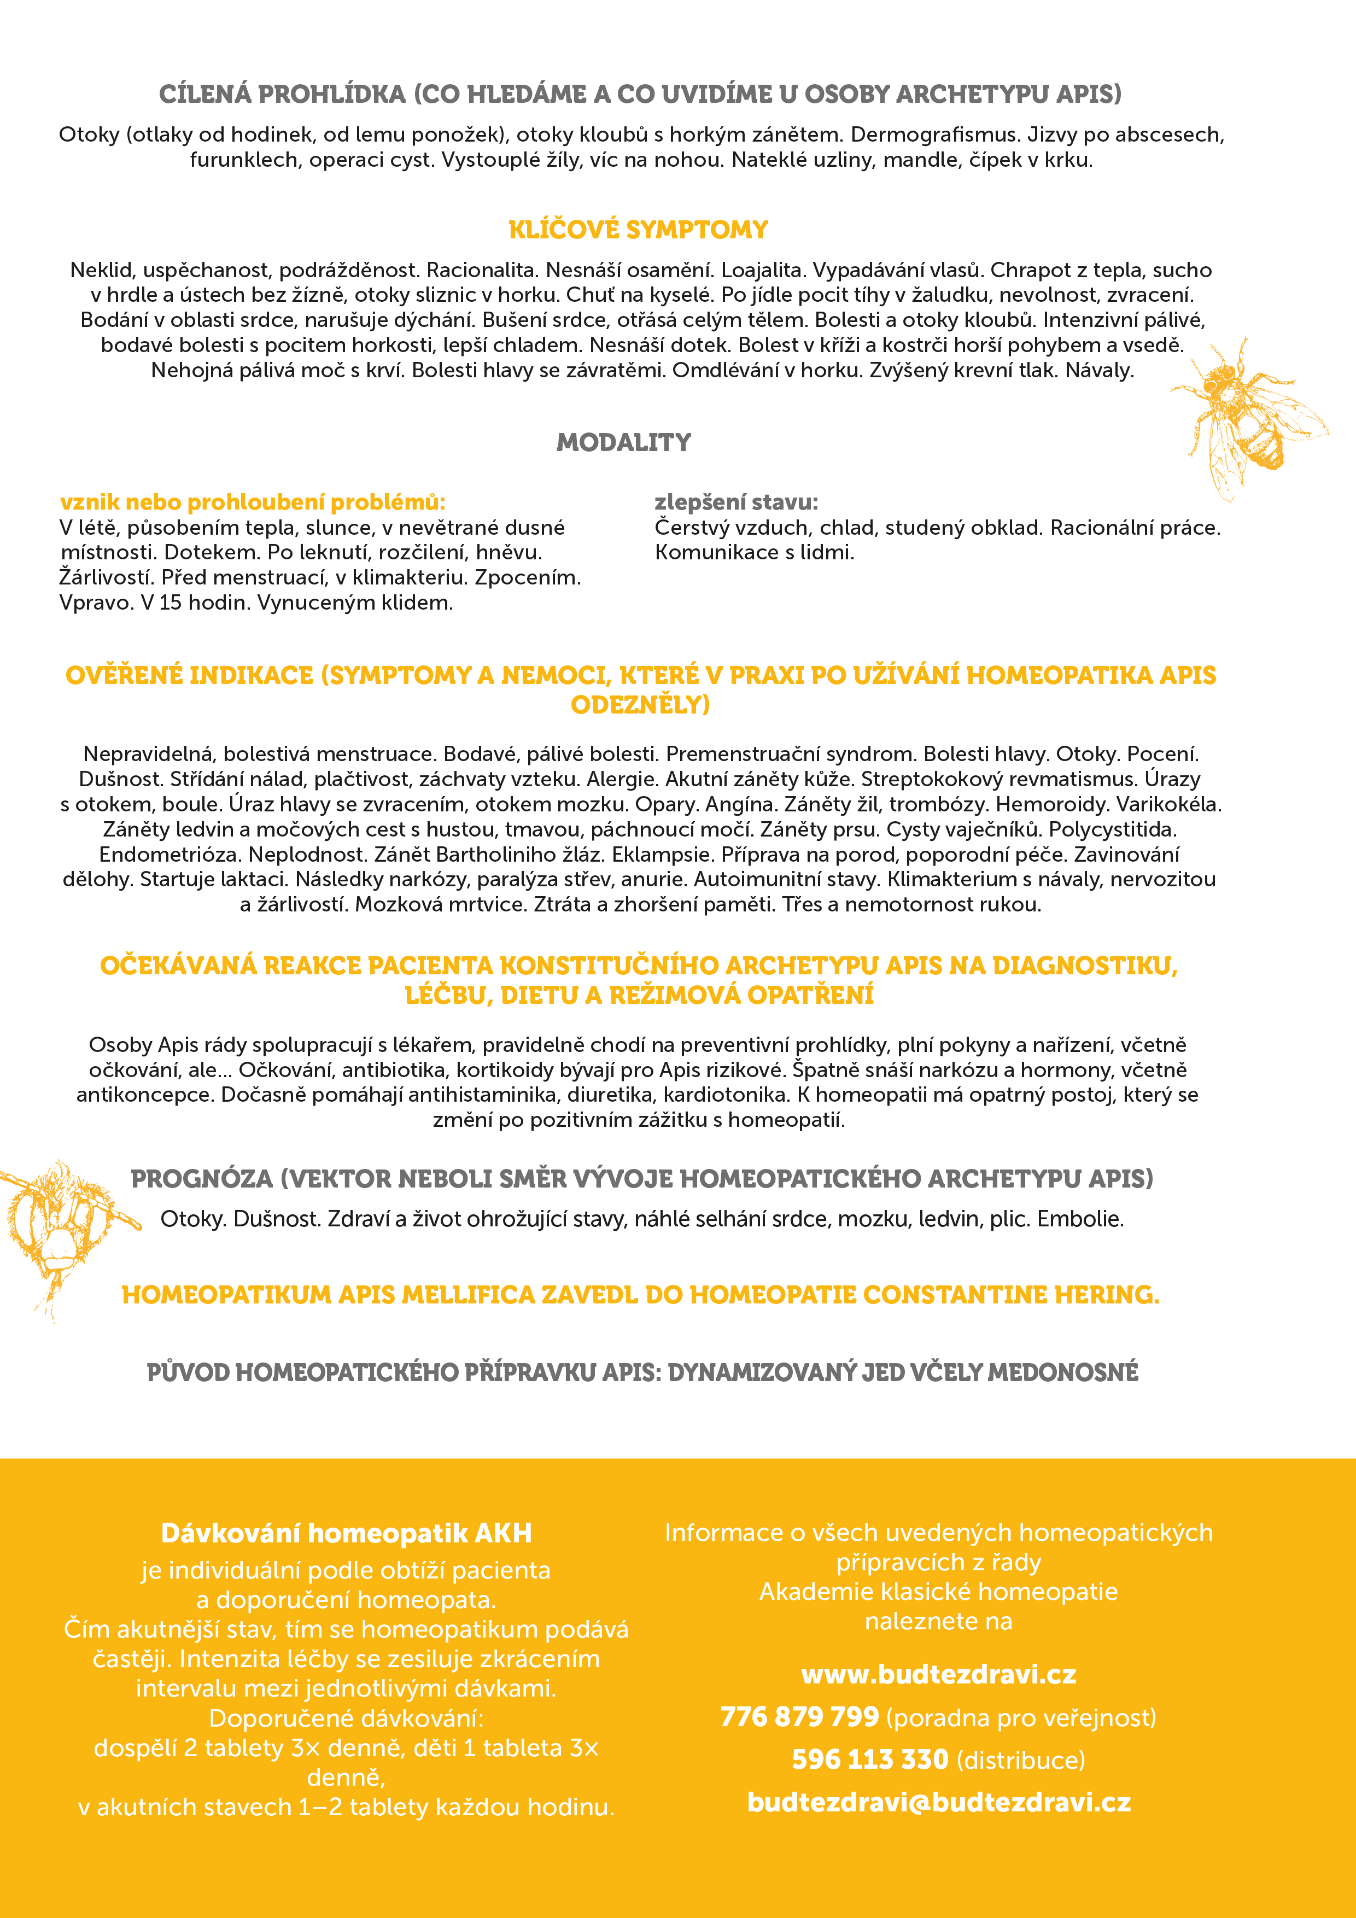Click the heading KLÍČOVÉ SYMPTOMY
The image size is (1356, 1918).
638,230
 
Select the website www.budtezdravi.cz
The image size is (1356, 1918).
938,1675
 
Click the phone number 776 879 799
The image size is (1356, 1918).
799,1717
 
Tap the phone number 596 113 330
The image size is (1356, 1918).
870,1759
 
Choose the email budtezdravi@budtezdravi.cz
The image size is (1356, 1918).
938,1802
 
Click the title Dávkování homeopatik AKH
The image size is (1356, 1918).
346,1533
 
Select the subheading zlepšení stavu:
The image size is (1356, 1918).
736,502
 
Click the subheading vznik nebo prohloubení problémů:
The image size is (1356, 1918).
252,502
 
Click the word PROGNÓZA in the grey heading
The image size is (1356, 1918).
201,1179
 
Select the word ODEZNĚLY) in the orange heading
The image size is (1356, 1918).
640,705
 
